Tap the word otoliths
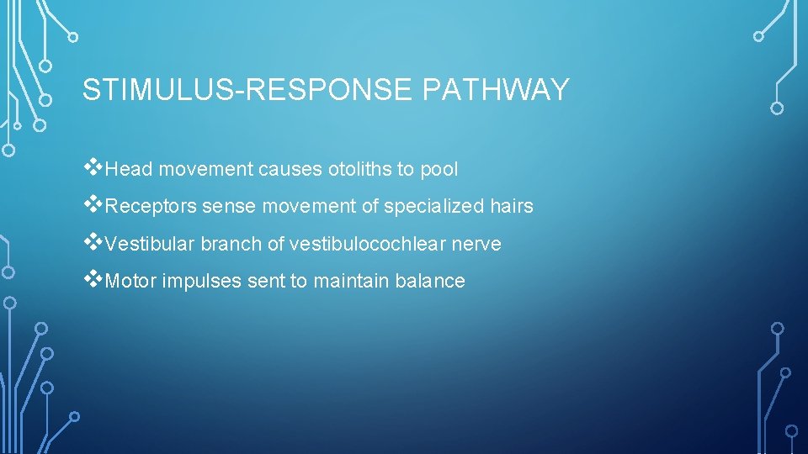pos(359,169)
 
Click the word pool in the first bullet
pos(439,169)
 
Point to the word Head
pos(130,169)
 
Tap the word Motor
pos(131,282)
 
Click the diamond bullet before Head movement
pos(93,166)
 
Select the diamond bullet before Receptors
pos(93,204)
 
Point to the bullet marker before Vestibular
pos(93,241)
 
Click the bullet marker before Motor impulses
pos(93,279)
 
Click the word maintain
pos(351,282)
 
